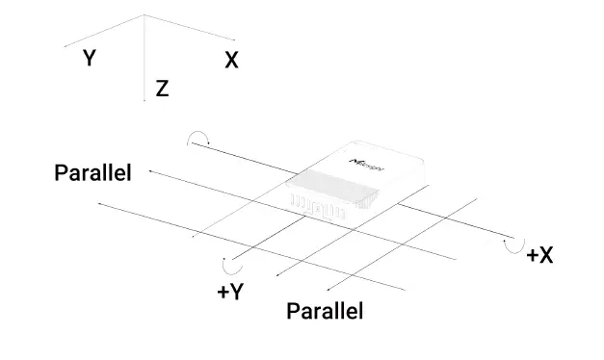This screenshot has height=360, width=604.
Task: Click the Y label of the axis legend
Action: pyautogui.click(x=89, y=59)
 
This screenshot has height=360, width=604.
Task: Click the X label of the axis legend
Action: pyautogui.click(x=231, y=61)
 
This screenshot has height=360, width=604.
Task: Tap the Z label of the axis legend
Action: pyautogui.click(x=162, y=90)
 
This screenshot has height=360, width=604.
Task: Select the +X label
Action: pyautogui.click(x=539, y=255)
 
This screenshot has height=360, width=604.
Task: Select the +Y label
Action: pyautogui.click(x=229, y=293)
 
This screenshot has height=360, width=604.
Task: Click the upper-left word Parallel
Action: pyautogui.click(x=92, y=173)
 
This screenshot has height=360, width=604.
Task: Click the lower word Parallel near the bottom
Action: pyautogui.click(x=325, y=312)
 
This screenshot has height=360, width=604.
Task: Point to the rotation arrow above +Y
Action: pyautogui.click(x=229, y=264)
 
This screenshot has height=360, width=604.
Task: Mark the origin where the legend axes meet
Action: pyautogui.click(x=144, y=15)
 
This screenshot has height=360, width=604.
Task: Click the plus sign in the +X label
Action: pyautogui.click(x=531, y=256)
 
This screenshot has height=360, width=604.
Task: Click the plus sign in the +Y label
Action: pyautogui.click(x=222, y=293)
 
